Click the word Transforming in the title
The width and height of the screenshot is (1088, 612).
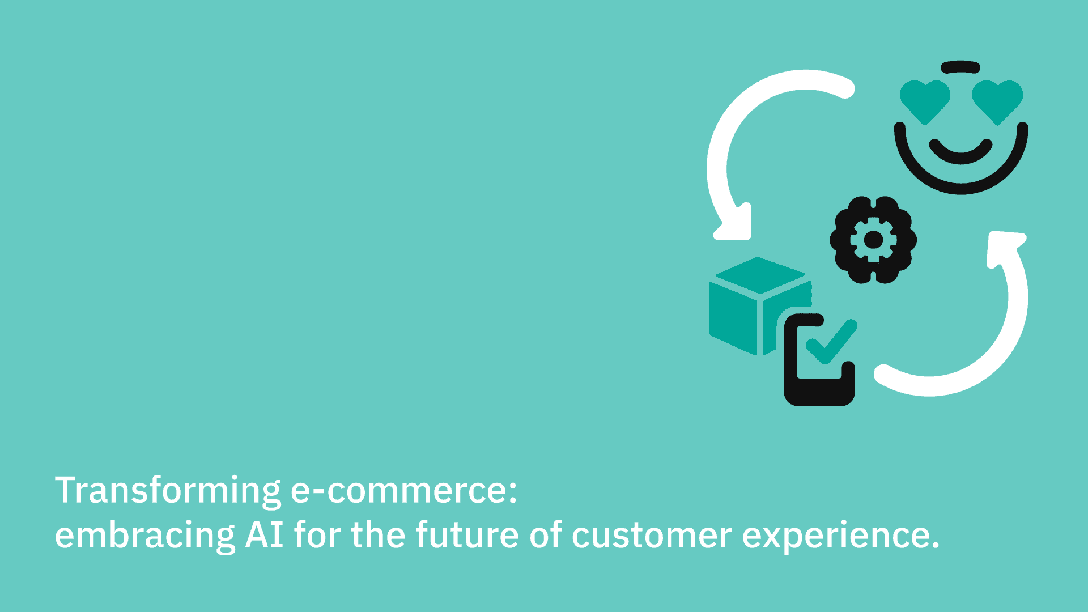[168, 491]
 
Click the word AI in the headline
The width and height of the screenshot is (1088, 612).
[264, 535]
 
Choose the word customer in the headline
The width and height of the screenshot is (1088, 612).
[652, 535]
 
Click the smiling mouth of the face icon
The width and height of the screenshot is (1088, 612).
[960, 153]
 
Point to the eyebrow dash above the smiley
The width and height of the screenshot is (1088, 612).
[960, 67]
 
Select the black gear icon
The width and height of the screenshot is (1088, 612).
[873, 240]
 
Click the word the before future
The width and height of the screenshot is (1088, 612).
[378, 535]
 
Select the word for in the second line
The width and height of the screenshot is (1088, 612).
[318, 535]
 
